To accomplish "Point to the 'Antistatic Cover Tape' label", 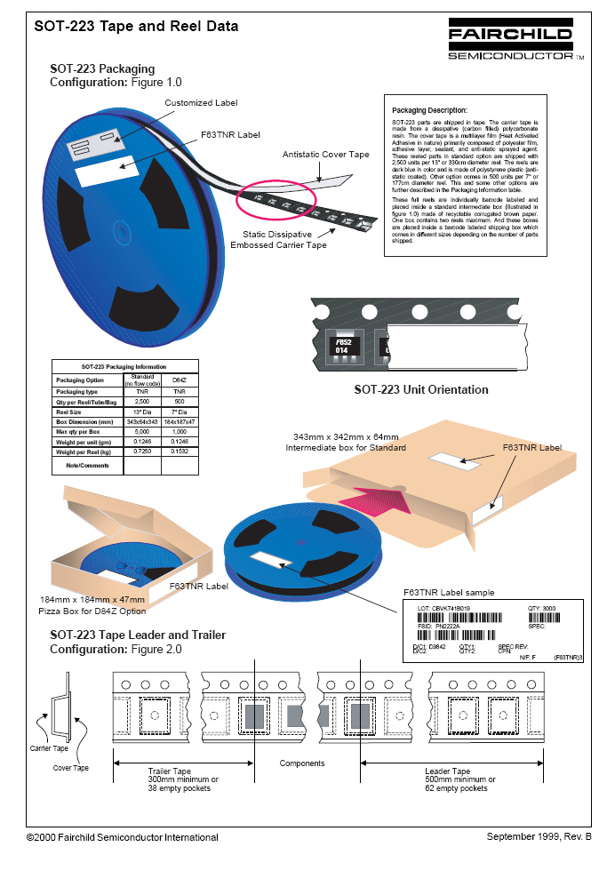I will click(326, 155).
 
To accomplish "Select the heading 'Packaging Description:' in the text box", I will click(423, 109).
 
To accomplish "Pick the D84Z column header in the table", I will click(179, 380).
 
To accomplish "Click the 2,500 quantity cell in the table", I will click(139, 403).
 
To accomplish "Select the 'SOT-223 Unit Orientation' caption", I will click(421, 389).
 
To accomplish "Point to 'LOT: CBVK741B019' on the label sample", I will click(444, 609).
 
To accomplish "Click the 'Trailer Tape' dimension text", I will click(169, 771).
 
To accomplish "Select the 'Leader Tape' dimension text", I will click(448, 771).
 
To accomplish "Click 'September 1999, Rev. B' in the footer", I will click(539, 836).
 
